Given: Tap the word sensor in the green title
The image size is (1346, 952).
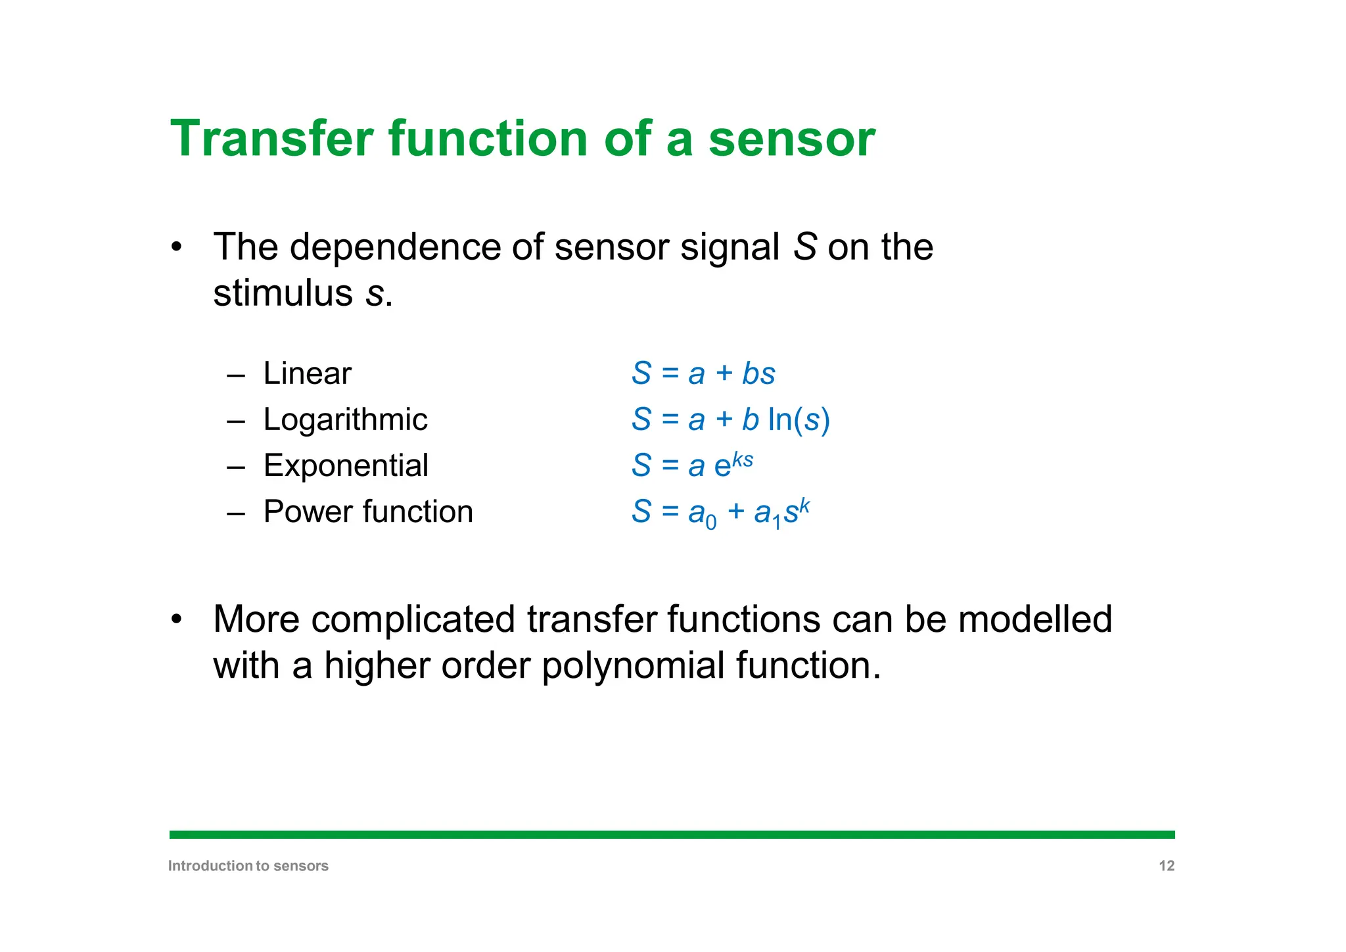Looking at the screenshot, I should click(791, 139).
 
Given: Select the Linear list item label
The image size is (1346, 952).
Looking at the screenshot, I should click(307, 373).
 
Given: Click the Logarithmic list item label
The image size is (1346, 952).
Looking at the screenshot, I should click(345, 419).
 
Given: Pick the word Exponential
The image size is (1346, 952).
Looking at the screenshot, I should click(346, 465).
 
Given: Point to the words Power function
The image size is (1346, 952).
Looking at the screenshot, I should click(368, 512).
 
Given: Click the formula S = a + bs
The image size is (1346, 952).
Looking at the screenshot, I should click(703, 373).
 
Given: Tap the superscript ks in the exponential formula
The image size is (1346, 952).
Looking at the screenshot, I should click(743, 458).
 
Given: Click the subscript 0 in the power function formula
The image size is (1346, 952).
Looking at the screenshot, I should click(710, 523).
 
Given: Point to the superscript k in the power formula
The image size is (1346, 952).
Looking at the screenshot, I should click(804, 504).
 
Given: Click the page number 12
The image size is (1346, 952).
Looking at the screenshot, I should click(1166, 866).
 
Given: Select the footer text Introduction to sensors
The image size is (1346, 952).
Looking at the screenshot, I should click(248, 866).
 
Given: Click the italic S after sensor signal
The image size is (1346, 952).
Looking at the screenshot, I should click(804, 247).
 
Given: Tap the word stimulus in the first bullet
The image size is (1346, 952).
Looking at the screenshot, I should click(283, 293).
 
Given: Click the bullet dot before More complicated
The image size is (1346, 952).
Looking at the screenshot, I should click(175, 619).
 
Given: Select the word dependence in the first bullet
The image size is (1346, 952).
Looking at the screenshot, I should click(396, 247).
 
